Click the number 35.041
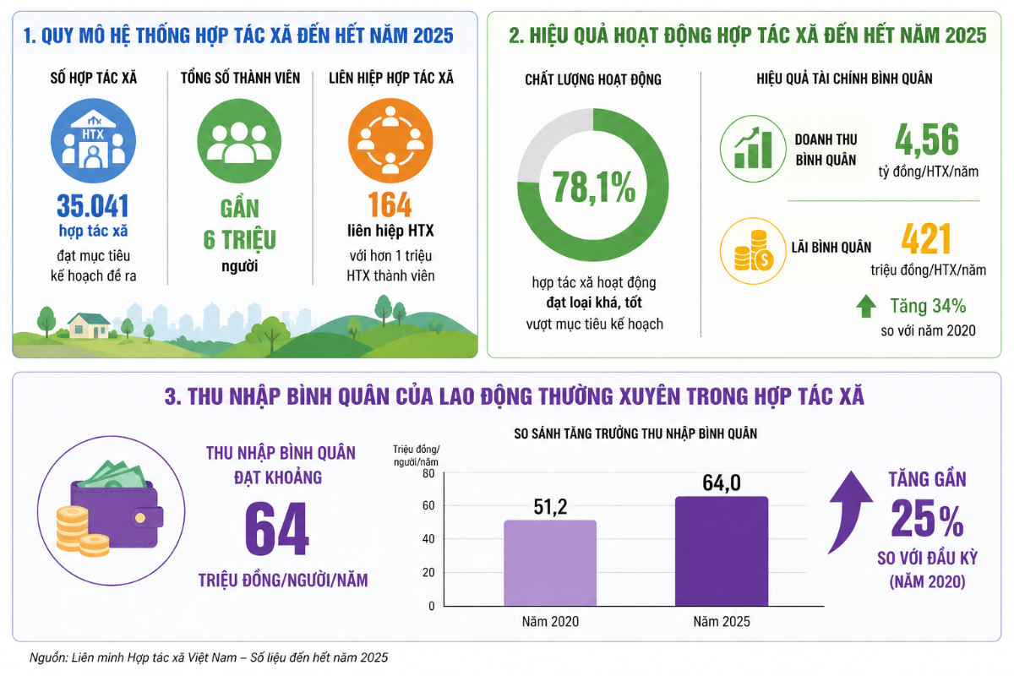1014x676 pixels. tap(93, 205)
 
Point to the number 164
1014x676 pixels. tap(390, 205)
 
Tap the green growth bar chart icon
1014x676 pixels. tap(752, 148)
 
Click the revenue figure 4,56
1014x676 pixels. tap(926, 139)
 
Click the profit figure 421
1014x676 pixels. tap(926, 239)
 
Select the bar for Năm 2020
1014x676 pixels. tap(550, 563)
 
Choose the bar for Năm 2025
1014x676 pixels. tap(721, 551)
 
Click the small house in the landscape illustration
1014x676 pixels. tap(88, 325)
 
